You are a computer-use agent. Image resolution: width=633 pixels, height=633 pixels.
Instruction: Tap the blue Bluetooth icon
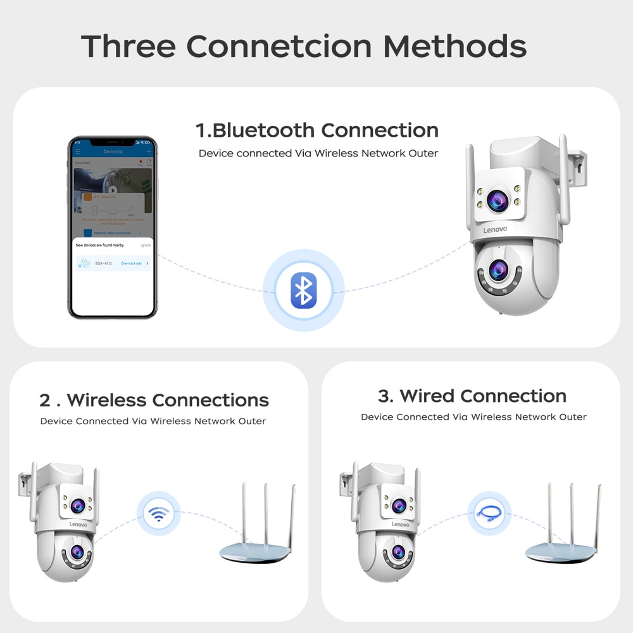[x=303, y=291]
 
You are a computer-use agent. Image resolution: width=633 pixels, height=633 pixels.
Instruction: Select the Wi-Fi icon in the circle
[x=159, y=513]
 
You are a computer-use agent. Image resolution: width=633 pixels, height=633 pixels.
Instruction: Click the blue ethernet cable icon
[x=489, y=513]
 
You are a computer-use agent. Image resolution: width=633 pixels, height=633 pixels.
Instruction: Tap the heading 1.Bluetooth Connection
[x=316, y=130]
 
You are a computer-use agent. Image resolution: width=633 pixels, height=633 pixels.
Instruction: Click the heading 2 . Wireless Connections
[x=154, y=400]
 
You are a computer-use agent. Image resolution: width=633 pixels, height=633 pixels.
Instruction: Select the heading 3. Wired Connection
[x=472, y=396]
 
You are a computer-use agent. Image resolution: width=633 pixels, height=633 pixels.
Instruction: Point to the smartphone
[x=112, y=227]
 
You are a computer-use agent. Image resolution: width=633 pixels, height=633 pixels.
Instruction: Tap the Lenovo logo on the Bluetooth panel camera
[x=495, y=229]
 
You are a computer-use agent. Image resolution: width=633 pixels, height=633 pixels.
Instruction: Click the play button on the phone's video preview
[x=112, y=190]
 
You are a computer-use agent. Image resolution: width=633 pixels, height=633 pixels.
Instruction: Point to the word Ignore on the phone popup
[x=146, y=244]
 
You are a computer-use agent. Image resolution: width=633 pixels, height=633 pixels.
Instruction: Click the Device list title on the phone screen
[x=112, y=152]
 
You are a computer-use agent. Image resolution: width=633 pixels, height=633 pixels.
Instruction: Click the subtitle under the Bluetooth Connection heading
[x=318, y=153]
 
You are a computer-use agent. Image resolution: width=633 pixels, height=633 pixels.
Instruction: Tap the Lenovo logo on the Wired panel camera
[x=400, y=524]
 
